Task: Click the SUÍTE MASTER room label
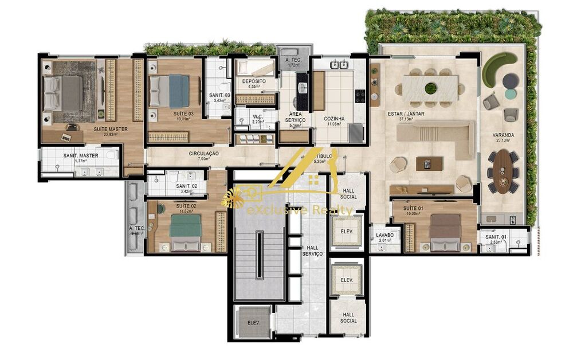[111, 129]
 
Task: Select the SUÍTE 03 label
[183, 114]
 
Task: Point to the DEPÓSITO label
[253, 81]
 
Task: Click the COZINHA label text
[334, 119]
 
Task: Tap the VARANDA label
[503, 135]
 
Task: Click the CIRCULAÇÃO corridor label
[204, 154]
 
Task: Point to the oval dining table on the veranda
[503, 171]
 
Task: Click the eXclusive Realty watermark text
[299, 211]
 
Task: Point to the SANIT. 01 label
[494, 237]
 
